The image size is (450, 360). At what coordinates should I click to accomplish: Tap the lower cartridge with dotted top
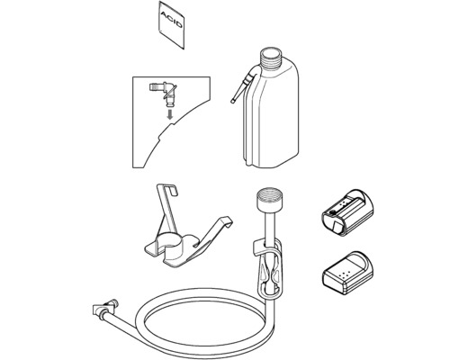(x=346, y=269)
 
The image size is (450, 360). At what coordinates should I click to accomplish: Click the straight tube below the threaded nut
(x=268, y=225)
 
